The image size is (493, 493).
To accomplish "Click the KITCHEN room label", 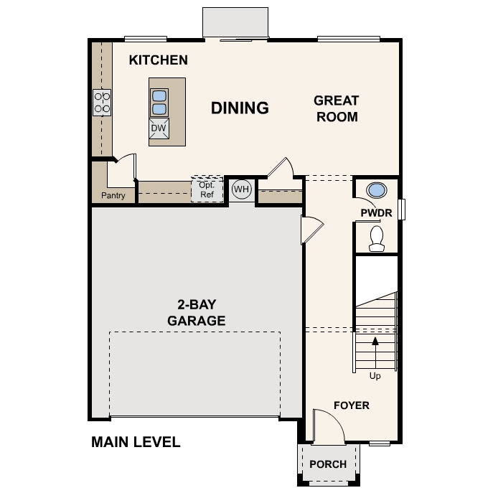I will click(x=158, y=60).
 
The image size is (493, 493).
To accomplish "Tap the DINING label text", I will click(x=240, y=108).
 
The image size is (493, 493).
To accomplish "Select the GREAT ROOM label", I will click(x=337, y=108).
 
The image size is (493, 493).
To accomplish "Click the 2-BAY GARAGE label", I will click(x=196, y=312).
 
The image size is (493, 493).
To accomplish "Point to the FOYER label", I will click(x=352, y=405).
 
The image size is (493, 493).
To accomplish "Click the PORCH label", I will click(x=328, y=464).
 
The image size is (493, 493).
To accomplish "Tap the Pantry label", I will click(x=113, y=195).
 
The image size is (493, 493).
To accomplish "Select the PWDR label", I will click(x=375, y=212).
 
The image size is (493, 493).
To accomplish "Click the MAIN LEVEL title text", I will click(x=136, y=442).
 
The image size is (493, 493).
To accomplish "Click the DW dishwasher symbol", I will click(x=159, y=128).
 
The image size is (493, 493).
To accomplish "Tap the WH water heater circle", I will click(x=242, y=189).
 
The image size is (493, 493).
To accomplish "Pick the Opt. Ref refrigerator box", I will click(x=207, y=189).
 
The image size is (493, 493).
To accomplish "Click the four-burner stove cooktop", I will click(x=102, y=102).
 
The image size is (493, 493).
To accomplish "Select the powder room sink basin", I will click(x=376, y=191).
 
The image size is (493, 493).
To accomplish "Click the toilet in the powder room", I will click(x=376, y=238).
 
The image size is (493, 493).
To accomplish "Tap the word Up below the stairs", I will click(x=375, y=376).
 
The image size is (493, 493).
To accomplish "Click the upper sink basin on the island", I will click(x=159, y=95).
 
